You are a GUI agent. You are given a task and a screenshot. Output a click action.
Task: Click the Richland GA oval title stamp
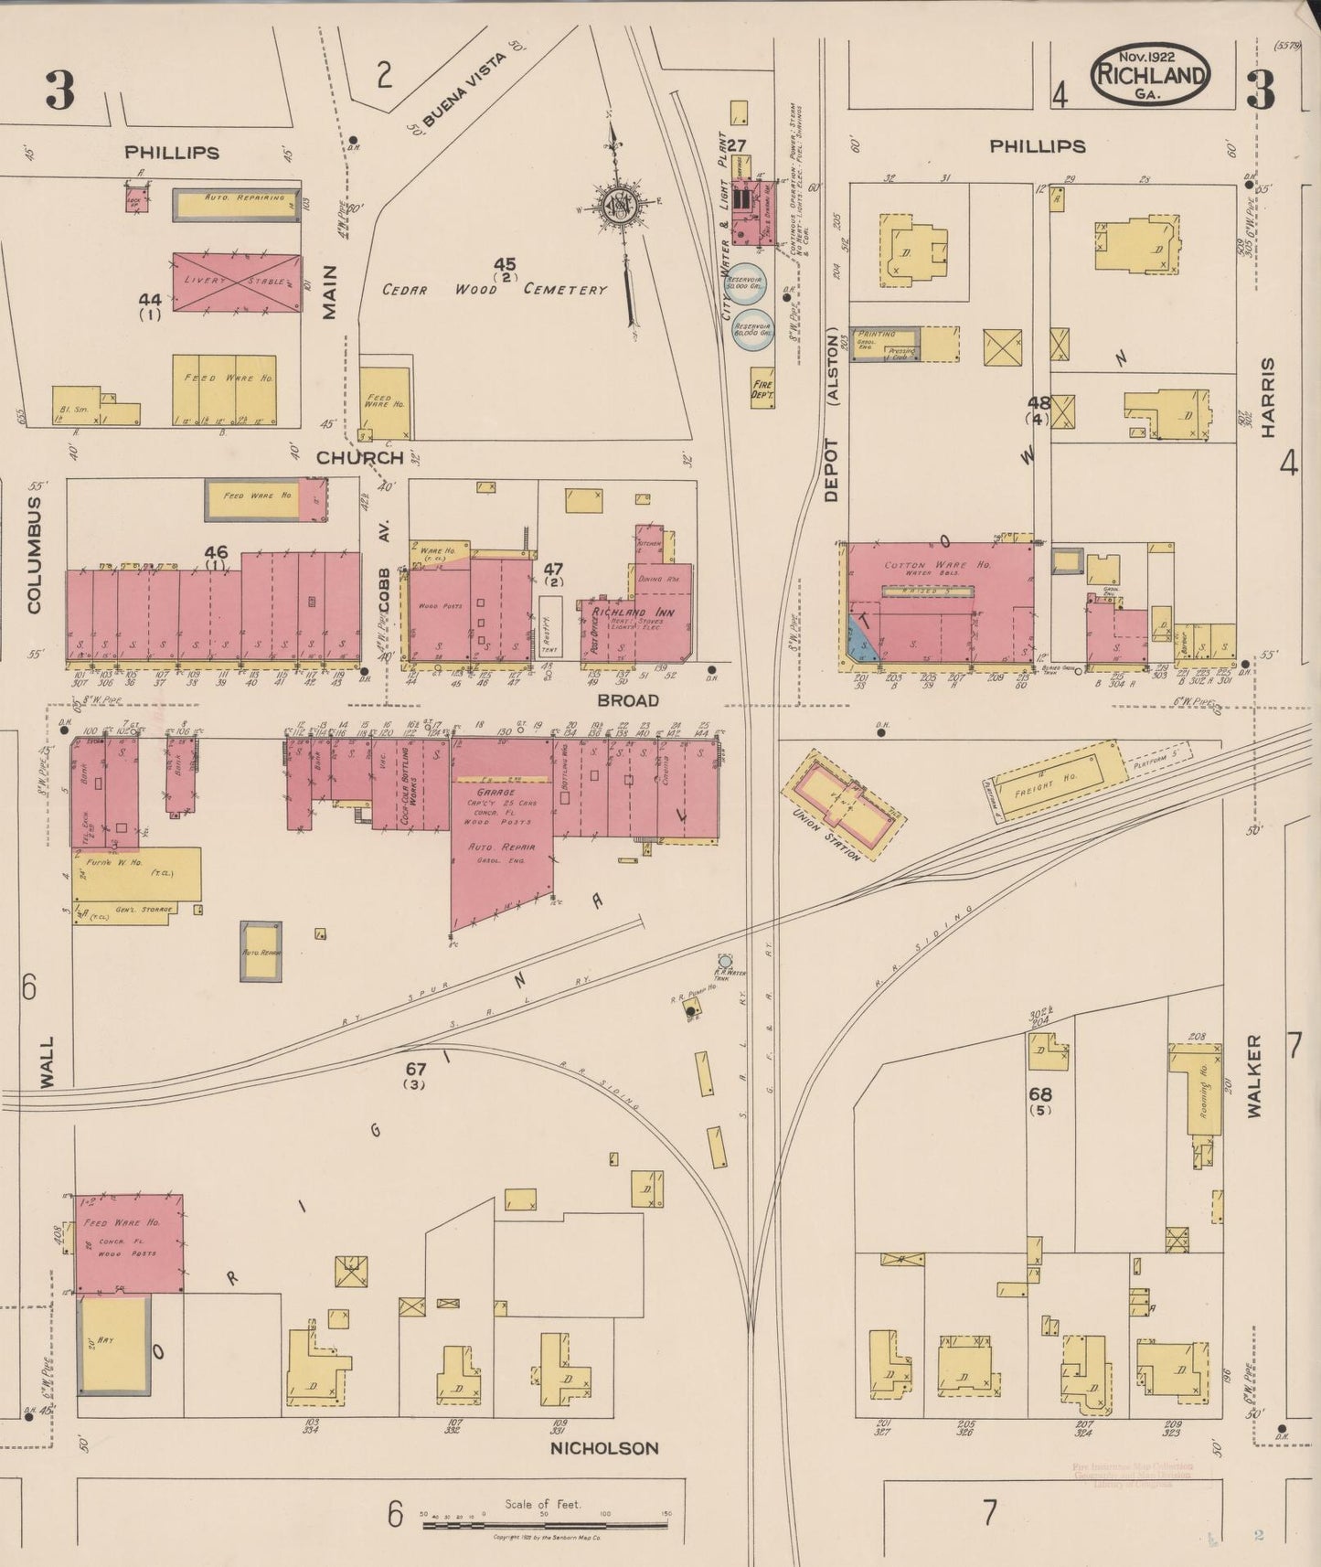pos(1149,73)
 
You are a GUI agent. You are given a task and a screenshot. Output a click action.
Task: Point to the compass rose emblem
pos(621,207)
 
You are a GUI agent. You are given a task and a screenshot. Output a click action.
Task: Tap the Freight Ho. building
pos(1057,781)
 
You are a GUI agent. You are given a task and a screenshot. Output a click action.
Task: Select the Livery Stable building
pos(236,282)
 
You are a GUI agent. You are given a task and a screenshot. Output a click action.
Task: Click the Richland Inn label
pos(633,612)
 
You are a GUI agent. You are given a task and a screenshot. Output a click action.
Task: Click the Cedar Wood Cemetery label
pos(495,289)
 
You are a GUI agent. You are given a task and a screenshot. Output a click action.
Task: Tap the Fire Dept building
pos(762,388)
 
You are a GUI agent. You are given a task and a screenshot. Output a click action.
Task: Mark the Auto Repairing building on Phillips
pos(236,205)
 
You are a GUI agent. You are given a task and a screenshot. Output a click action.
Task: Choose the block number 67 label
pos(416,1068)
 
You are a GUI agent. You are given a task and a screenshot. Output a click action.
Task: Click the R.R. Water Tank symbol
pos(725,960)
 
